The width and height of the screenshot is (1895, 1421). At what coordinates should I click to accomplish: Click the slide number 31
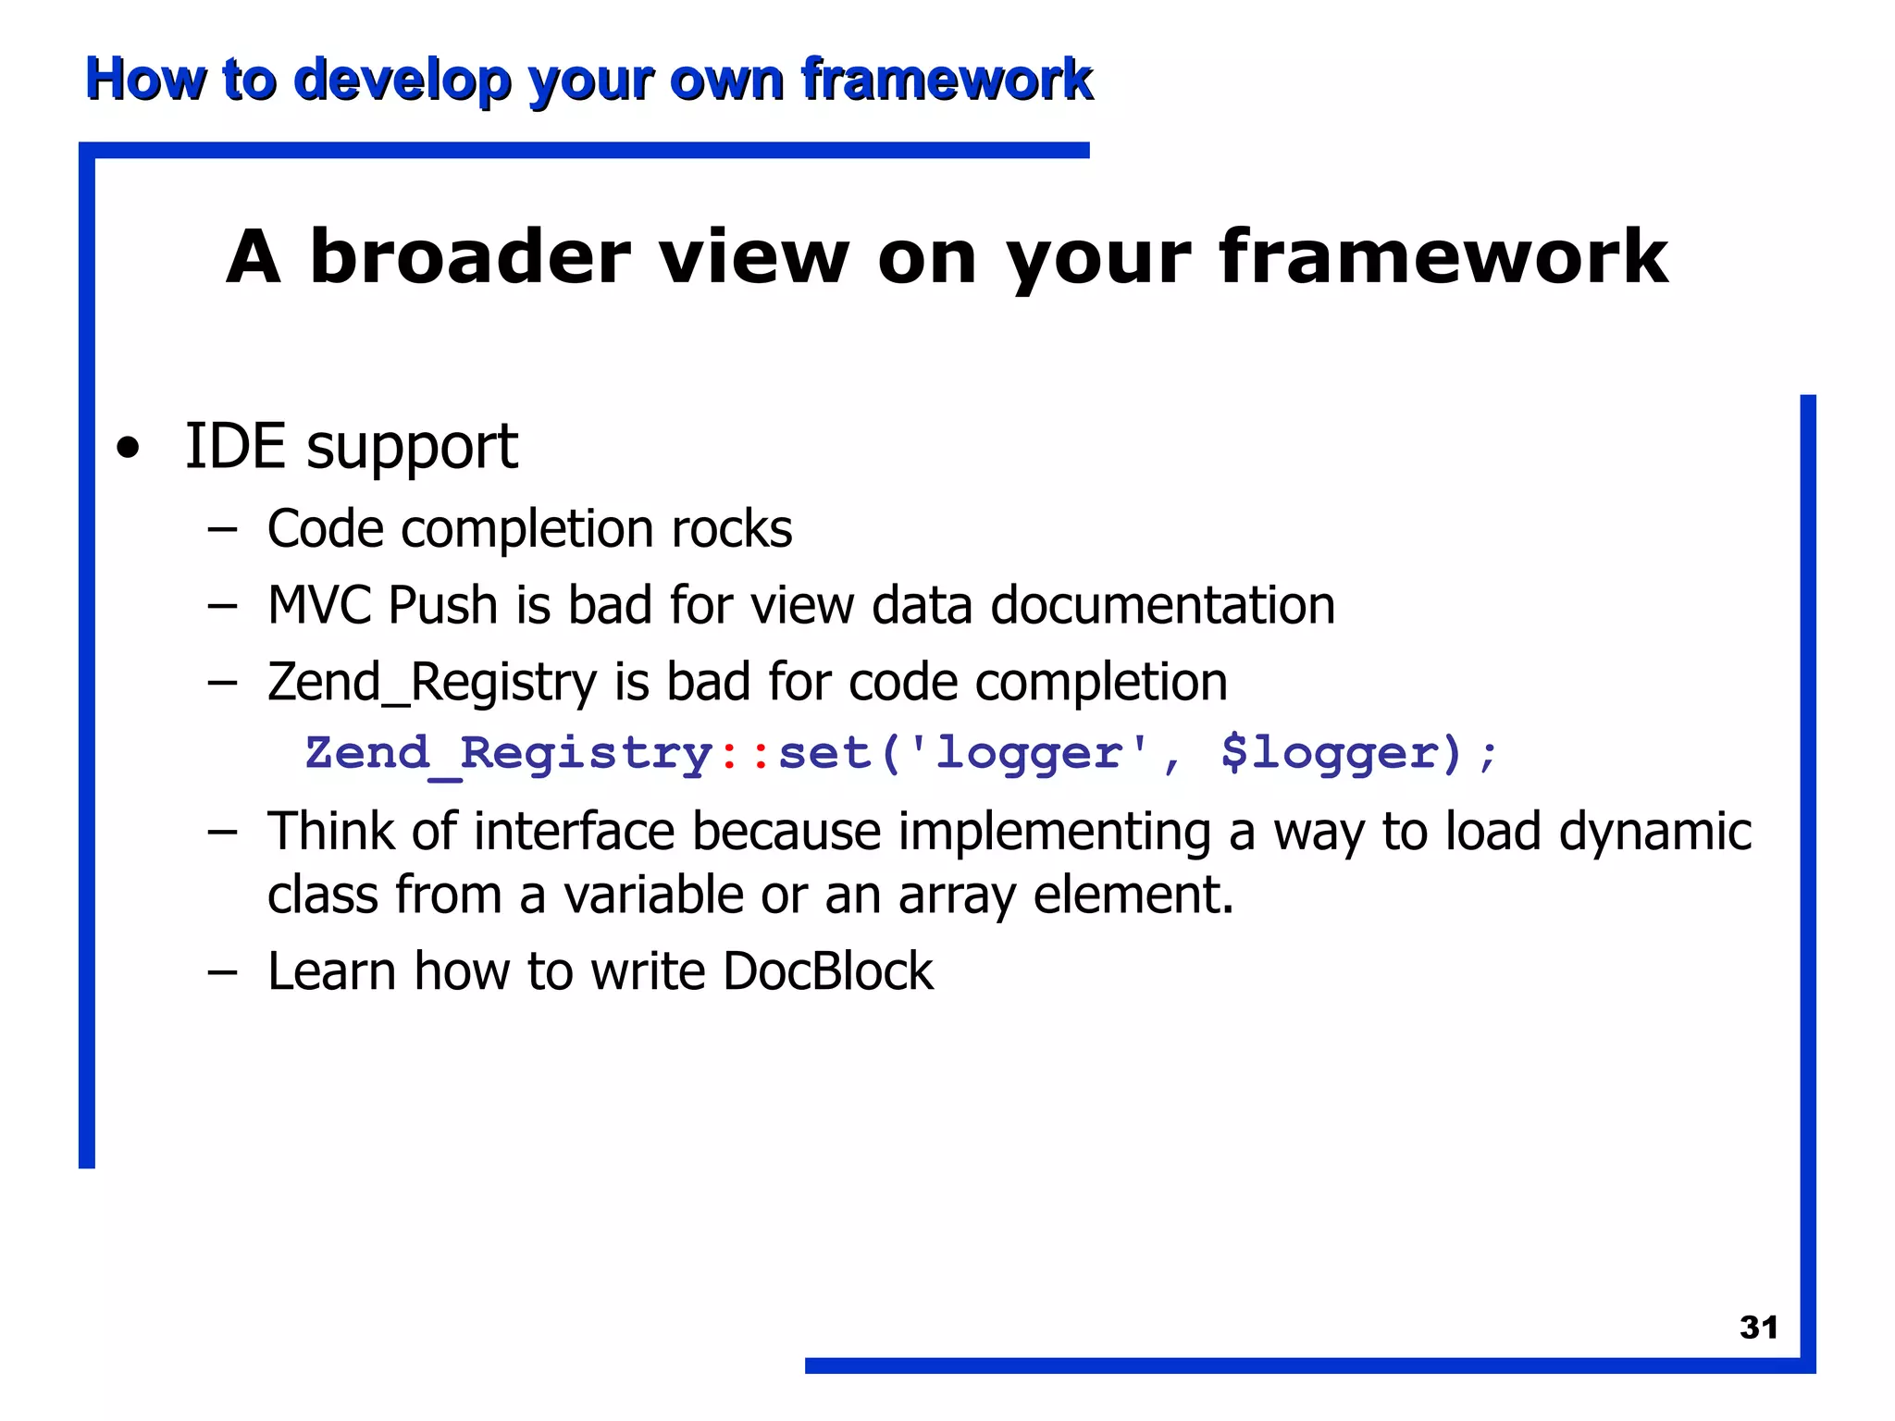click(x=1758, y=1328)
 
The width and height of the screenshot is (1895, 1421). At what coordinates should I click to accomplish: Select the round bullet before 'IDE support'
click(x=129, y=449)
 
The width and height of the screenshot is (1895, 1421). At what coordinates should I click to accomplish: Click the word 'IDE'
click(x=235, y=446)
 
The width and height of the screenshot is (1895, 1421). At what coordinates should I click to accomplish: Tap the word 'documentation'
click(x=1163, y=605)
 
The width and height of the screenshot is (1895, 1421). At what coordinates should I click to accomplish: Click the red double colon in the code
click(x=745, y=753)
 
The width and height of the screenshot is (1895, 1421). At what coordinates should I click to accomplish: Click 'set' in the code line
click(x=824, y=753)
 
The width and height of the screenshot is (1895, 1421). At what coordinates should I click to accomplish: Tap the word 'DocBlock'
click(x=828, y=971)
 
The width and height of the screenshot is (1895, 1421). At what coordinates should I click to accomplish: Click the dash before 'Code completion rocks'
click(x=222, y=530)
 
